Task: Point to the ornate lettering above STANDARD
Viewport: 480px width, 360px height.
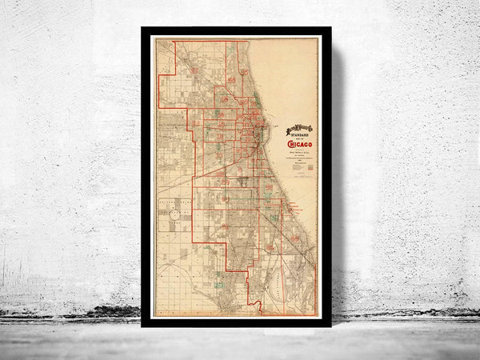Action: pyautogui.click(x=299, y=126)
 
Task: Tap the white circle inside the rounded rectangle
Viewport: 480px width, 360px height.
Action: pyautogui.click(x=174, y=215)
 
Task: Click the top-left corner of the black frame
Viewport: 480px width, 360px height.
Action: pyautogui.click(x=143, y=30)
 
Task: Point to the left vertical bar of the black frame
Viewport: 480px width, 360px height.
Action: pyautogui.click(x=146, y=176)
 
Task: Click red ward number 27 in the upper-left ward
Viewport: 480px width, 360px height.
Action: pyautogui.click(x=194, y=70)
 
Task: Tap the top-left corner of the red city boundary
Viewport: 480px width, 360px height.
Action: pyautogui.click(x=175, y=42)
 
